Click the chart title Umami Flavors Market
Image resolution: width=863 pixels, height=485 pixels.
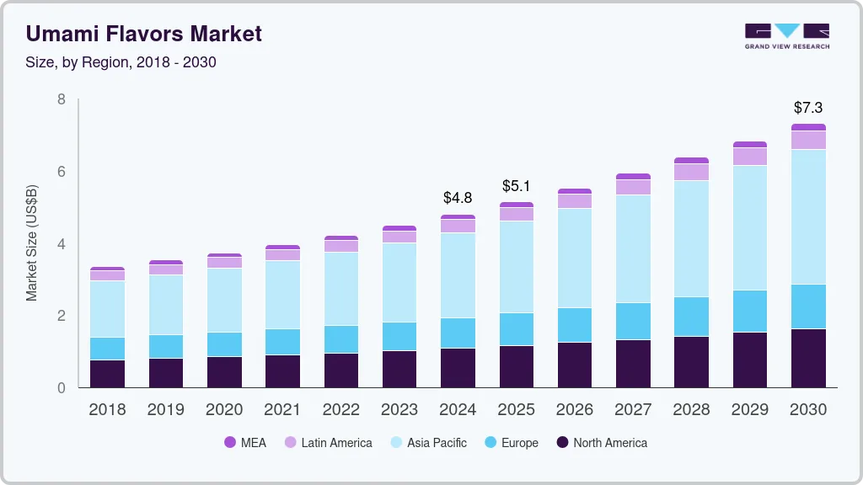tap(144, 34)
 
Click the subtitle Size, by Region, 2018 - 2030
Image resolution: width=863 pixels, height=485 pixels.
tap(121, 62)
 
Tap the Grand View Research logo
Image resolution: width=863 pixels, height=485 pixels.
tap(787, 35)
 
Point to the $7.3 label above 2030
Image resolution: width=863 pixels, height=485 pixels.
tap(808, 108)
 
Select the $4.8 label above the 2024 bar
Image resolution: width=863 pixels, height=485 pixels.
tap(458, 198)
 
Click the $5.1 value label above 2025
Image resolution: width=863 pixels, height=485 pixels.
tap(517, 185)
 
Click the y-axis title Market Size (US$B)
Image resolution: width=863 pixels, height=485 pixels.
tap(32, 243)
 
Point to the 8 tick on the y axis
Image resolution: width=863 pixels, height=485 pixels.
tap(61, 99)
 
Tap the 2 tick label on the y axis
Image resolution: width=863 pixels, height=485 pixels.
tap(61, 316)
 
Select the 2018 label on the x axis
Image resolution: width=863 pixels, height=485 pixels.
tap(107, 410)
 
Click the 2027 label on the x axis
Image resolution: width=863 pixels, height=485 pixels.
tap(633, 410)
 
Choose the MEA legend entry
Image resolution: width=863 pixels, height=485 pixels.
tap(245, 443)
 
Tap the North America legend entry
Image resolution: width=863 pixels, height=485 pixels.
tap(601, 443)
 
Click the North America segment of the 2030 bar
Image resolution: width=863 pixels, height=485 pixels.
tap(808, 358)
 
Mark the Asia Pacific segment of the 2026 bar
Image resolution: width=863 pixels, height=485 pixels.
tap(575, 258)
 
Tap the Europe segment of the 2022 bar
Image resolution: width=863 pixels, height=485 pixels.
tap(340, 339)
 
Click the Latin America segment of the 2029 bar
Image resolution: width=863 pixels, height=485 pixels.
tap(750, 157)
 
